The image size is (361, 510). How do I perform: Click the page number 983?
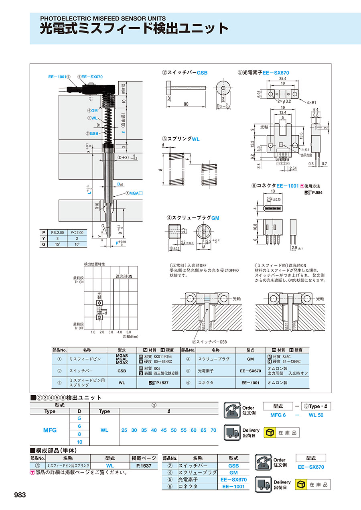point(20,495)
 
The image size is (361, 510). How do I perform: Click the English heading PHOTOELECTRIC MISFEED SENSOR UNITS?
point(103,18)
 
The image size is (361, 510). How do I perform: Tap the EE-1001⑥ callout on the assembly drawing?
point(59,76)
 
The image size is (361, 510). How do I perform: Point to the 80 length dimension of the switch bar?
point(186,104)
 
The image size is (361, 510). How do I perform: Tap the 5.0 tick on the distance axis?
point(128,332)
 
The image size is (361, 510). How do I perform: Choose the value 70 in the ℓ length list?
point(213,430)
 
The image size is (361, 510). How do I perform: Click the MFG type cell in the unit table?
point(50,430)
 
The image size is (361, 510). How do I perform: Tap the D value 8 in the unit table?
point(79,434)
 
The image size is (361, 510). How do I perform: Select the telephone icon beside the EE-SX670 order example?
point(264,462)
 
